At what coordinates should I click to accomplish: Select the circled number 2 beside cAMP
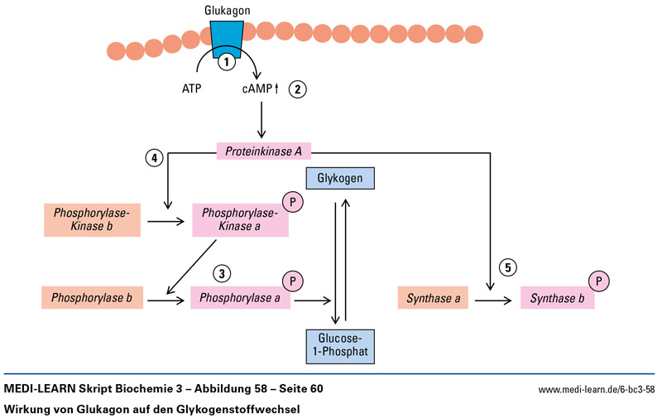[298, 89]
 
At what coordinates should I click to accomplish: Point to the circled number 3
[221, 273]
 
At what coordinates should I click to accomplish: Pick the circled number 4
[153, 157]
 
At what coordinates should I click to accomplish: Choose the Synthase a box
[432, 297]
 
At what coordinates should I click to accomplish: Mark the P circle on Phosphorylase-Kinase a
[293, 202]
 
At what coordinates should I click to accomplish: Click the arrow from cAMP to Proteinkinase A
[261, 121]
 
